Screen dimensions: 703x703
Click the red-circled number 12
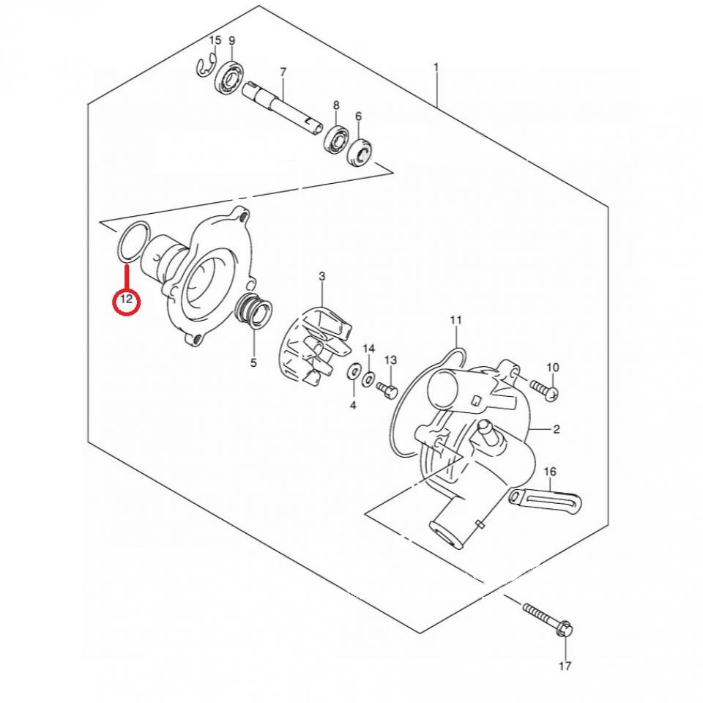[125, 300]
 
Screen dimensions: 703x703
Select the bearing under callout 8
[338, 138]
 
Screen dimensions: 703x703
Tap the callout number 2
[557, 429]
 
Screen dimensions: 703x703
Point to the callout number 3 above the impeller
[321, 276]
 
